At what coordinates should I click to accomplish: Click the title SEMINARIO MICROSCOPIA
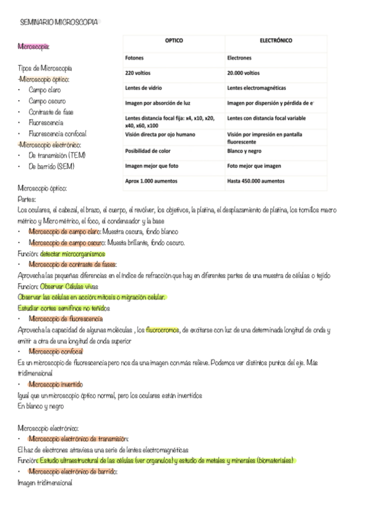tap(59, 22)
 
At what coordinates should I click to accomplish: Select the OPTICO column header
tap(174, 41)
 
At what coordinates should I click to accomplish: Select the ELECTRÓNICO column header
tap(276, 41)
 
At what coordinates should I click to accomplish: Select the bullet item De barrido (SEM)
tap(51, 166)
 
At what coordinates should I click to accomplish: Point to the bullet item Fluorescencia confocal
tap(58, 133)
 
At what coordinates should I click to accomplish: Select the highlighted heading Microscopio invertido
tap(59, 384)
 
